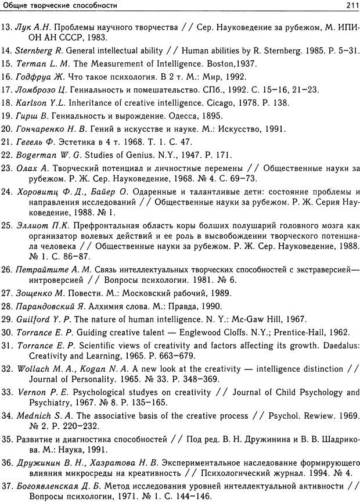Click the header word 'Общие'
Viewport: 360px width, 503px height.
(16, 6)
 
